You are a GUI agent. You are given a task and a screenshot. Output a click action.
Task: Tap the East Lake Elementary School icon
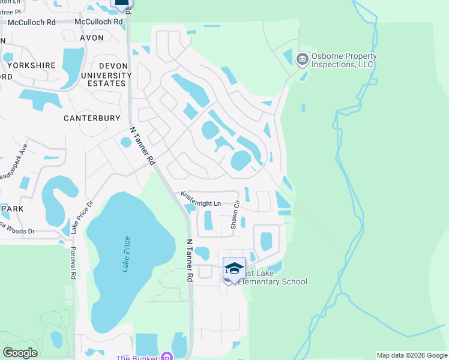[234, 268]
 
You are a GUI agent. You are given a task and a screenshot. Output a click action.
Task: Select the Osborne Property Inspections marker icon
[302, 58]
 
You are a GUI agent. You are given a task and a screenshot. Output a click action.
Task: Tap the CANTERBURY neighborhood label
[92, 118]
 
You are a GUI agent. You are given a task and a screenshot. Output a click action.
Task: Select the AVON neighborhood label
[92, 38]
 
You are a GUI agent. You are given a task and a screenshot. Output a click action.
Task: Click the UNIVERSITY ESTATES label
[98, 79]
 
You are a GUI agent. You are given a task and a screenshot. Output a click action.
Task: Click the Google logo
[20, 353]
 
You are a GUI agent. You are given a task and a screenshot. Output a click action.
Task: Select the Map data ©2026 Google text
[412, 355]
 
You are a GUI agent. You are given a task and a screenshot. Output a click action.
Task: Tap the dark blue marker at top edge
[121, 4]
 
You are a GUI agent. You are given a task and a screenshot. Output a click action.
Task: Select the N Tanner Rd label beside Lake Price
[188, 260]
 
